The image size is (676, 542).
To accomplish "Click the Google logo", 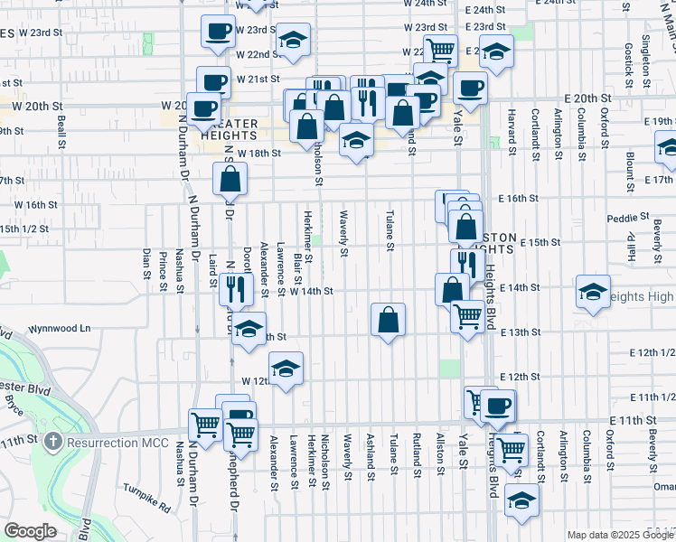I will click(x=30, y=531).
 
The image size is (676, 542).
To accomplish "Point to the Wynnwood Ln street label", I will click(x=61, y=330).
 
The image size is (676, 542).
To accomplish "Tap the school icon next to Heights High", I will click(x=593, y=292).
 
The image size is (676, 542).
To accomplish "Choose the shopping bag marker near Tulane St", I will click(x=388, y=319).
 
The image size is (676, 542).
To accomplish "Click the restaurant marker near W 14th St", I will click(x=232, y=289).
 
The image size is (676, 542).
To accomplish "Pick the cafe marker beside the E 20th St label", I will click(x=470, y=89).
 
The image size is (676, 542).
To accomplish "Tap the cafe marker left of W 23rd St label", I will click(x=217, y=32).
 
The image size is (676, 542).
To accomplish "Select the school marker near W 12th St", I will click(x=286, y=369).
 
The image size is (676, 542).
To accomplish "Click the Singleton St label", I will click(x=647, y=56).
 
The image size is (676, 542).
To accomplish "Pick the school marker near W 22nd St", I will click(x=292, y=40).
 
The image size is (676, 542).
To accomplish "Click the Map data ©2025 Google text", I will click(x=619, y=535).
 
